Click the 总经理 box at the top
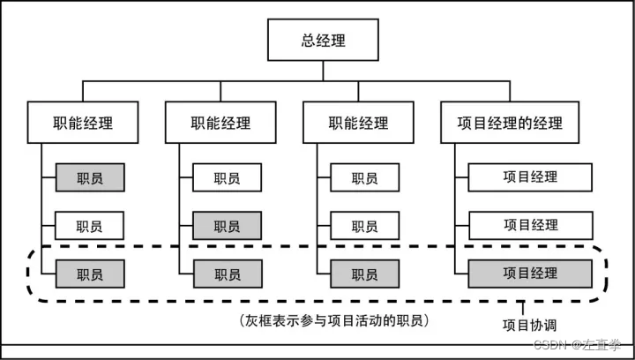coord(323,41)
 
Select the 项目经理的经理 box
coord(511,124)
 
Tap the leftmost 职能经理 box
coord(83,124)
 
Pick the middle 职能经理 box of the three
coord(220,124)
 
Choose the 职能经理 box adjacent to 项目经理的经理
coord(358,124)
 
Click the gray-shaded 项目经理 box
coord(530,274)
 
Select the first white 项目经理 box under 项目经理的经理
coord(530,177)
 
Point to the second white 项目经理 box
coord(530,226)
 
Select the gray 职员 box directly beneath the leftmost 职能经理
coord(89,177)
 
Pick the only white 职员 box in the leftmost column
coord(89,226)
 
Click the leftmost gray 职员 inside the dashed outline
coord(89,274)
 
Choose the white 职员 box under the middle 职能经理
coord(227,177)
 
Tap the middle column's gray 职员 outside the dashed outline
coord(227,226)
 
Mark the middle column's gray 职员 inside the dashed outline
coord(227,274)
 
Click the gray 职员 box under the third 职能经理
coord(364,274)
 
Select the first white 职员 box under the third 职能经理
coord(364,177)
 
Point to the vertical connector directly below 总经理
coord(323,71)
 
